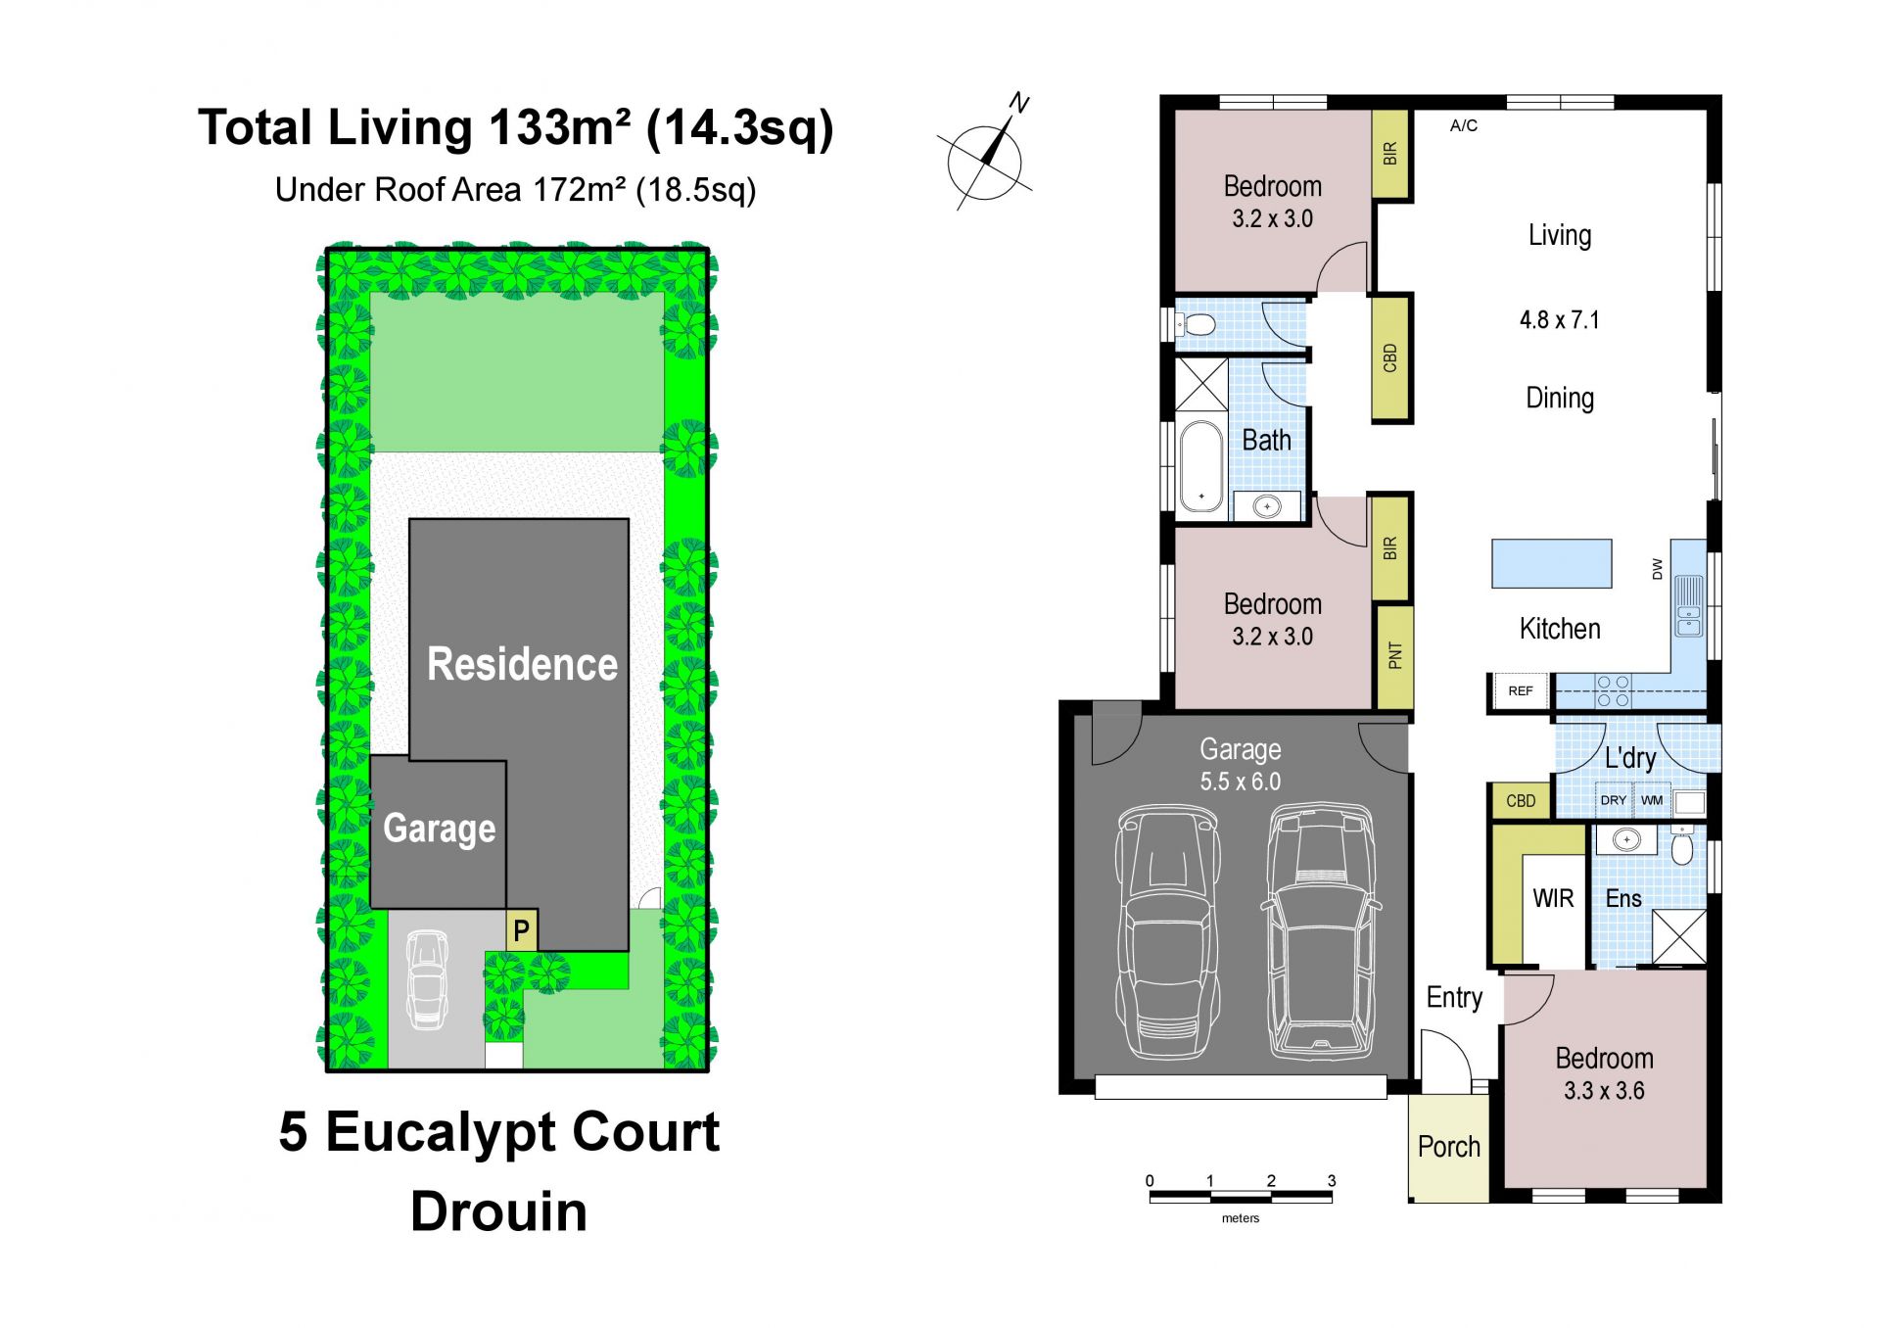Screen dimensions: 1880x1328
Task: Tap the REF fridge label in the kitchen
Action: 1520,691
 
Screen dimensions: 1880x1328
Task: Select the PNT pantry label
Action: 1395,655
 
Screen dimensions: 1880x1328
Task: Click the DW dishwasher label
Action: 1657,569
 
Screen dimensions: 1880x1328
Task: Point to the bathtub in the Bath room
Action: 1201,467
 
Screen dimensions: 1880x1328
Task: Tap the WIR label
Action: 1553,898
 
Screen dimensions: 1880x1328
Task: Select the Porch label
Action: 1449,1147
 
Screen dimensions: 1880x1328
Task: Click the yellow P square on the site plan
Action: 521,929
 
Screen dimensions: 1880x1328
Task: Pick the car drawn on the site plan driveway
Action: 427,979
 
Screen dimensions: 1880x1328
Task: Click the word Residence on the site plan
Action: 522,664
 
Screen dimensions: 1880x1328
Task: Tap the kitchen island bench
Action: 1551,563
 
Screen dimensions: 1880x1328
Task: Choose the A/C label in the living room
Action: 1464,125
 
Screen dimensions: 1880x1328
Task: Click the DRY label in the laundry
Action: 1613,800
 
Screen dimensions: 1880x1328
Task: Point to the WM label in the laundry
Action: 1652,800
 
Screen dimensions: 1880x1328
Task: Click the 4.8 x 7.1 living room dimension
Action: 1559,320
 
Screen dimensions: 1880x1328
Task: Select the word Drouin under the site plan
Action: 498,1211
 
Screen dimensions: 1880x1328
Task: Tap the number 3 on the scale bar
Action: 1332,1181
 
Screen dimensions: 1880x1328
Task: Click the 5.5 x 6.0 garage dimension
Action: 1240,782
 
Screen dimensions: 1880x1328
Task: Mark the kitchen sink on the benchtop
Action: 1688,606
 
